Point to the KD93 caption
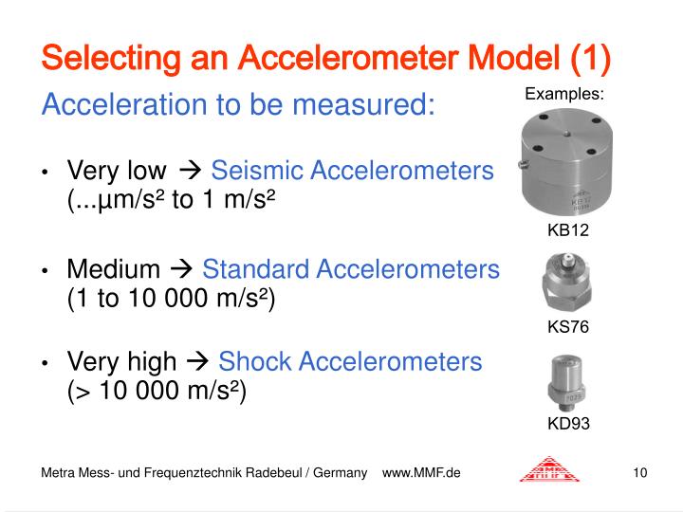[x=568, y=424]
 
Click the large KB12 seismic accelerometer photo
[x=567, y=164]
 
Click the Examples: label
[x=564, y=94]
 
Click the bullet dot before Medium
[x=45, y=271]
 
